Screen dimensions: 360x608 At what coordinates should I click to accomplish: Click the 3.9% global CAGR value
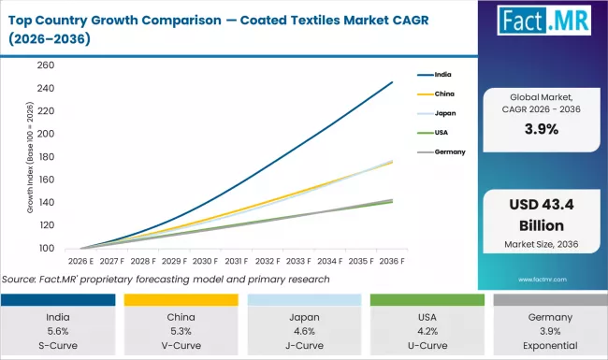[541, 130]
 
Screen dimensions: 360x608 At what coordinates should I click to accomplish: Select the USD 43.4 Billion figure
[541, 217]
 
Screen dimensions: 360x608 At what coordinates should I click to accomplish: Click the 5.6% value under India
[58, 330]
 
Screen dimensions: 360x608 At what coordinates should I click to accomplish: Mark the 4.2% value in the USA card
[426, 330]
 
